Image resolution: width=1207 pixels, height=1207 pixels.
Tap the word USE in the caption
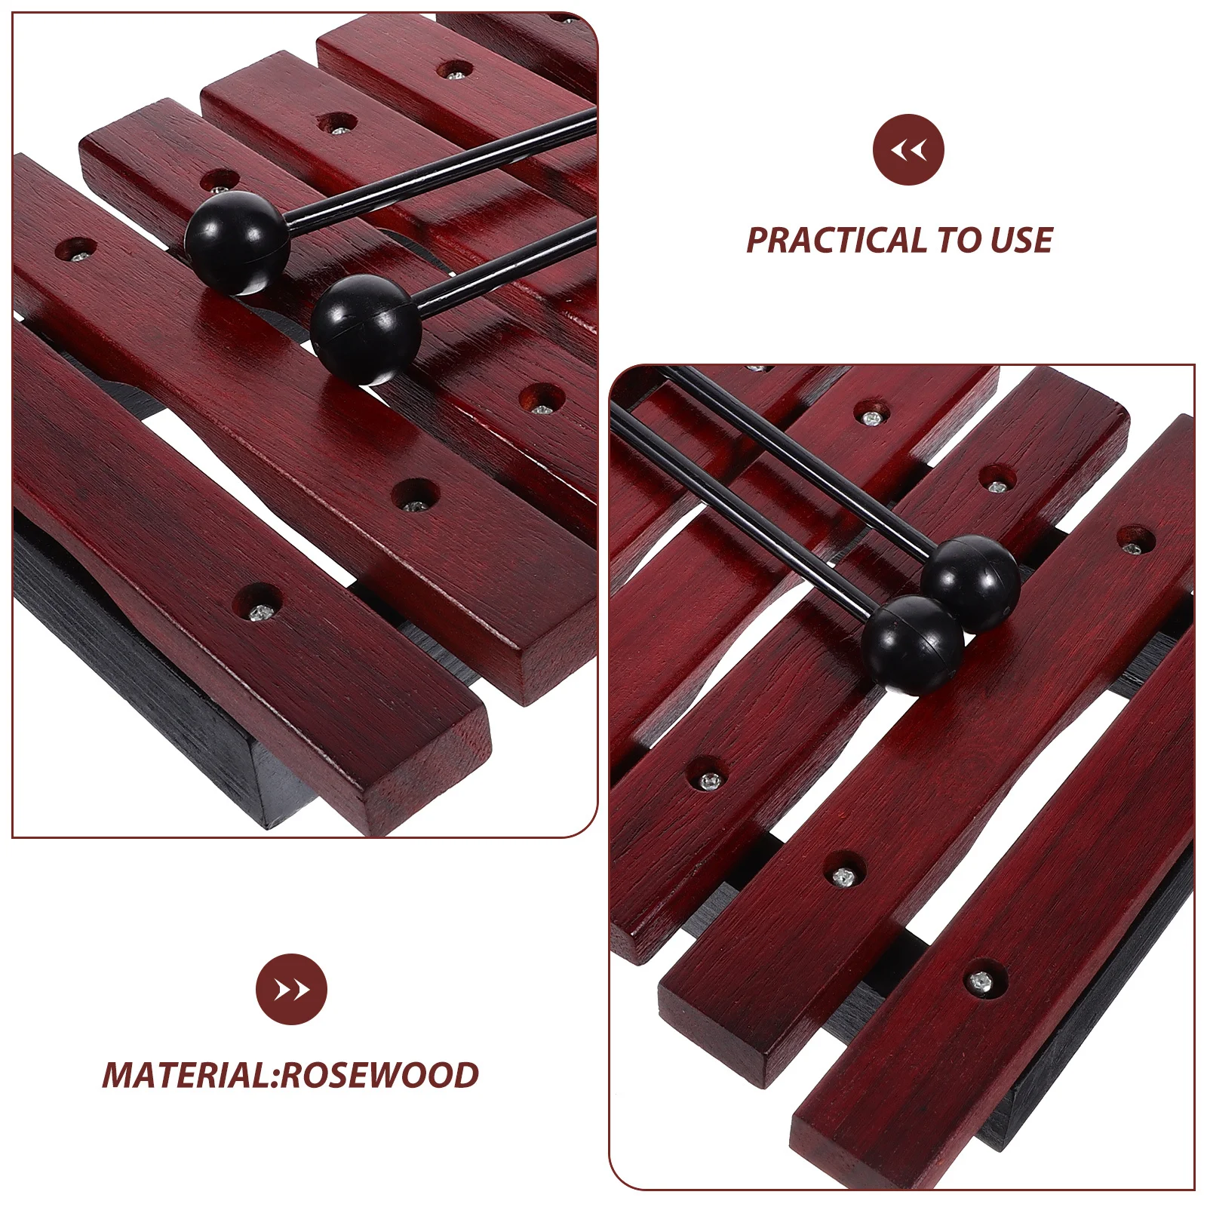1021,241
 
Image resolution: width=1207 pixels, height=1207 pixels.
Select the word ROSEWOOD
379,1076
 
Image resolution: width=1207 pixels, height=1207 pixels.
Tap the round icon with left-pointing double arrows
908,149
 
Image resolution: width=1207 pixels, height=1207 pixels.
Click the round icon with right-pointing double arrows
291,989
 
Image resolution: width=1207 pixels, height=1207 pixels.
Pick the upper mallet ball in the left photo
236,241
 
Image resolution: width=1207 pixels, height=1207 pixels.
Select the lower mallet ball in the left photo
365,328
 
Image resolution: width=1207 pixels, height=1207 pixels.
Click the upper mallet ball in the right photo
969,582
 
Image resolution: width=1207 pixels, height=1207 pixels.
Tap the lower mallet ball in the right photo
914,643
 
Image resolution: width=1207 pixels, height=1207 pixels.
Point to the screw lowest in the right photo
980,981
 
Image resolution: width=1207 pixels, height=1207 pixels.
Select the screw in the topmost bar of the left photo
455,73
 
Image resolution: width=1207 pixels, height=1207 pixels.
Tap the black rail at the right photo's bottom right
1086,1056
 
